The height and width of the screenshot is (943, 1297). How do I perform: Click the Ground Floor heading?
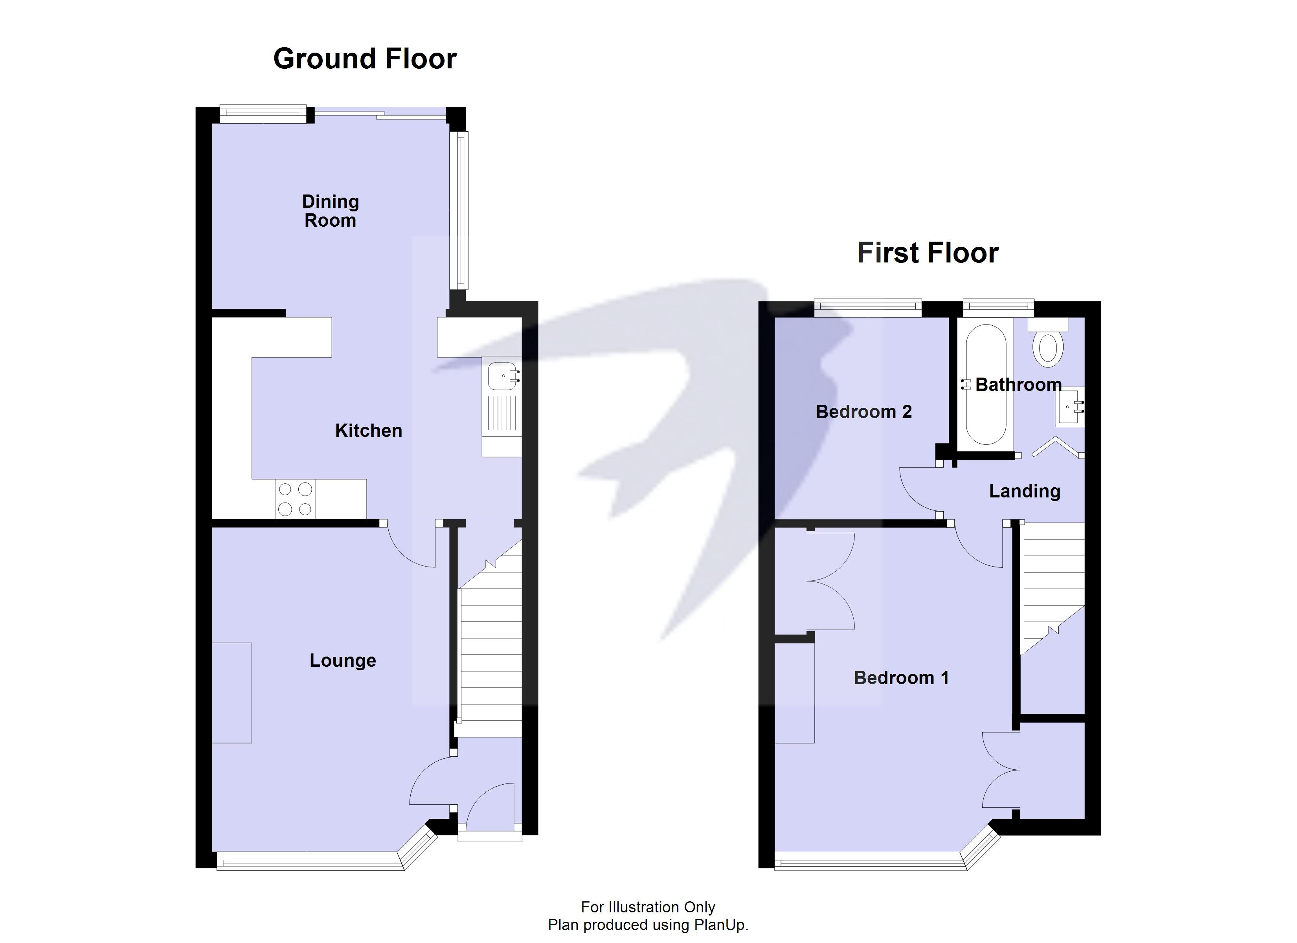(365, 59)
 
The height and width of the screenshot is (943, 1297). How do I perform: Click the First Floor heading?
(928, 253)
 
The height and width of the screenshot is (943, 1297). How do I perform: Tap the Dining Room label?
(331, 211)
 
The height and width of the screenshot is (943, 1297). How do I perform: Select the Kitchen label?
(368, 431)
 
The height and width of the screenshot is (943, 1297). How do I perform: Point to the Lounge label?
(343, 660)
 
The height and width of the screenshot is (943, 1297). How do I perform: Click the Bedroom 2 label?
(863, 412)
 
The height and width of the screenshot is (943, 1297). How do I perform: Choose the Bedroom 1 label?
(901, 678)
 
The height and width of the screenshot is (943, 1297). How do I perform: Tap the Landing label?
(1025, 491)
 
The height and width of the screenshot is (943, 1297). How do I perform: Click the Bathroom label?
(1018, 384)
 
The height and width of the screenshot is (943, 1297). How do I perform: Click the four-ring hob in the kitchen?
(295, 499)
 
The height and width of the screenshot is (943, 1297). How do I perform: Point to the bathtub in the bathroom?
(986, 384)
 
